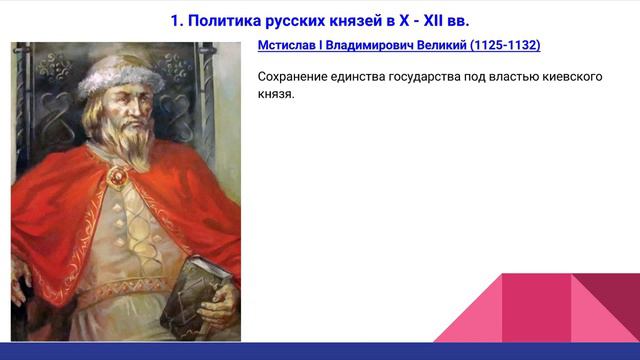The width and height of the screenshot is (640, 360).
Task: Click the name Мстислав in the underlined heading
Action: pyautogui.click(x=289, y=46)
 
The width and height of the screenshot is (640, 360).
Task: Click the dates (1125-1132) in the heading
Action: pyautogui.click(x=505, y=46)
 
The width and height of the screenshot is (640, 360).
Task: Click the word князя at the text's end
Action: pyautogui.click(x=275, y=94)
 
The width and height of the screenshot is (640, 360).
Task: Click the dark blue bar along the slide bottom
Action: pyautogui.click(x=320, y=351)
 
